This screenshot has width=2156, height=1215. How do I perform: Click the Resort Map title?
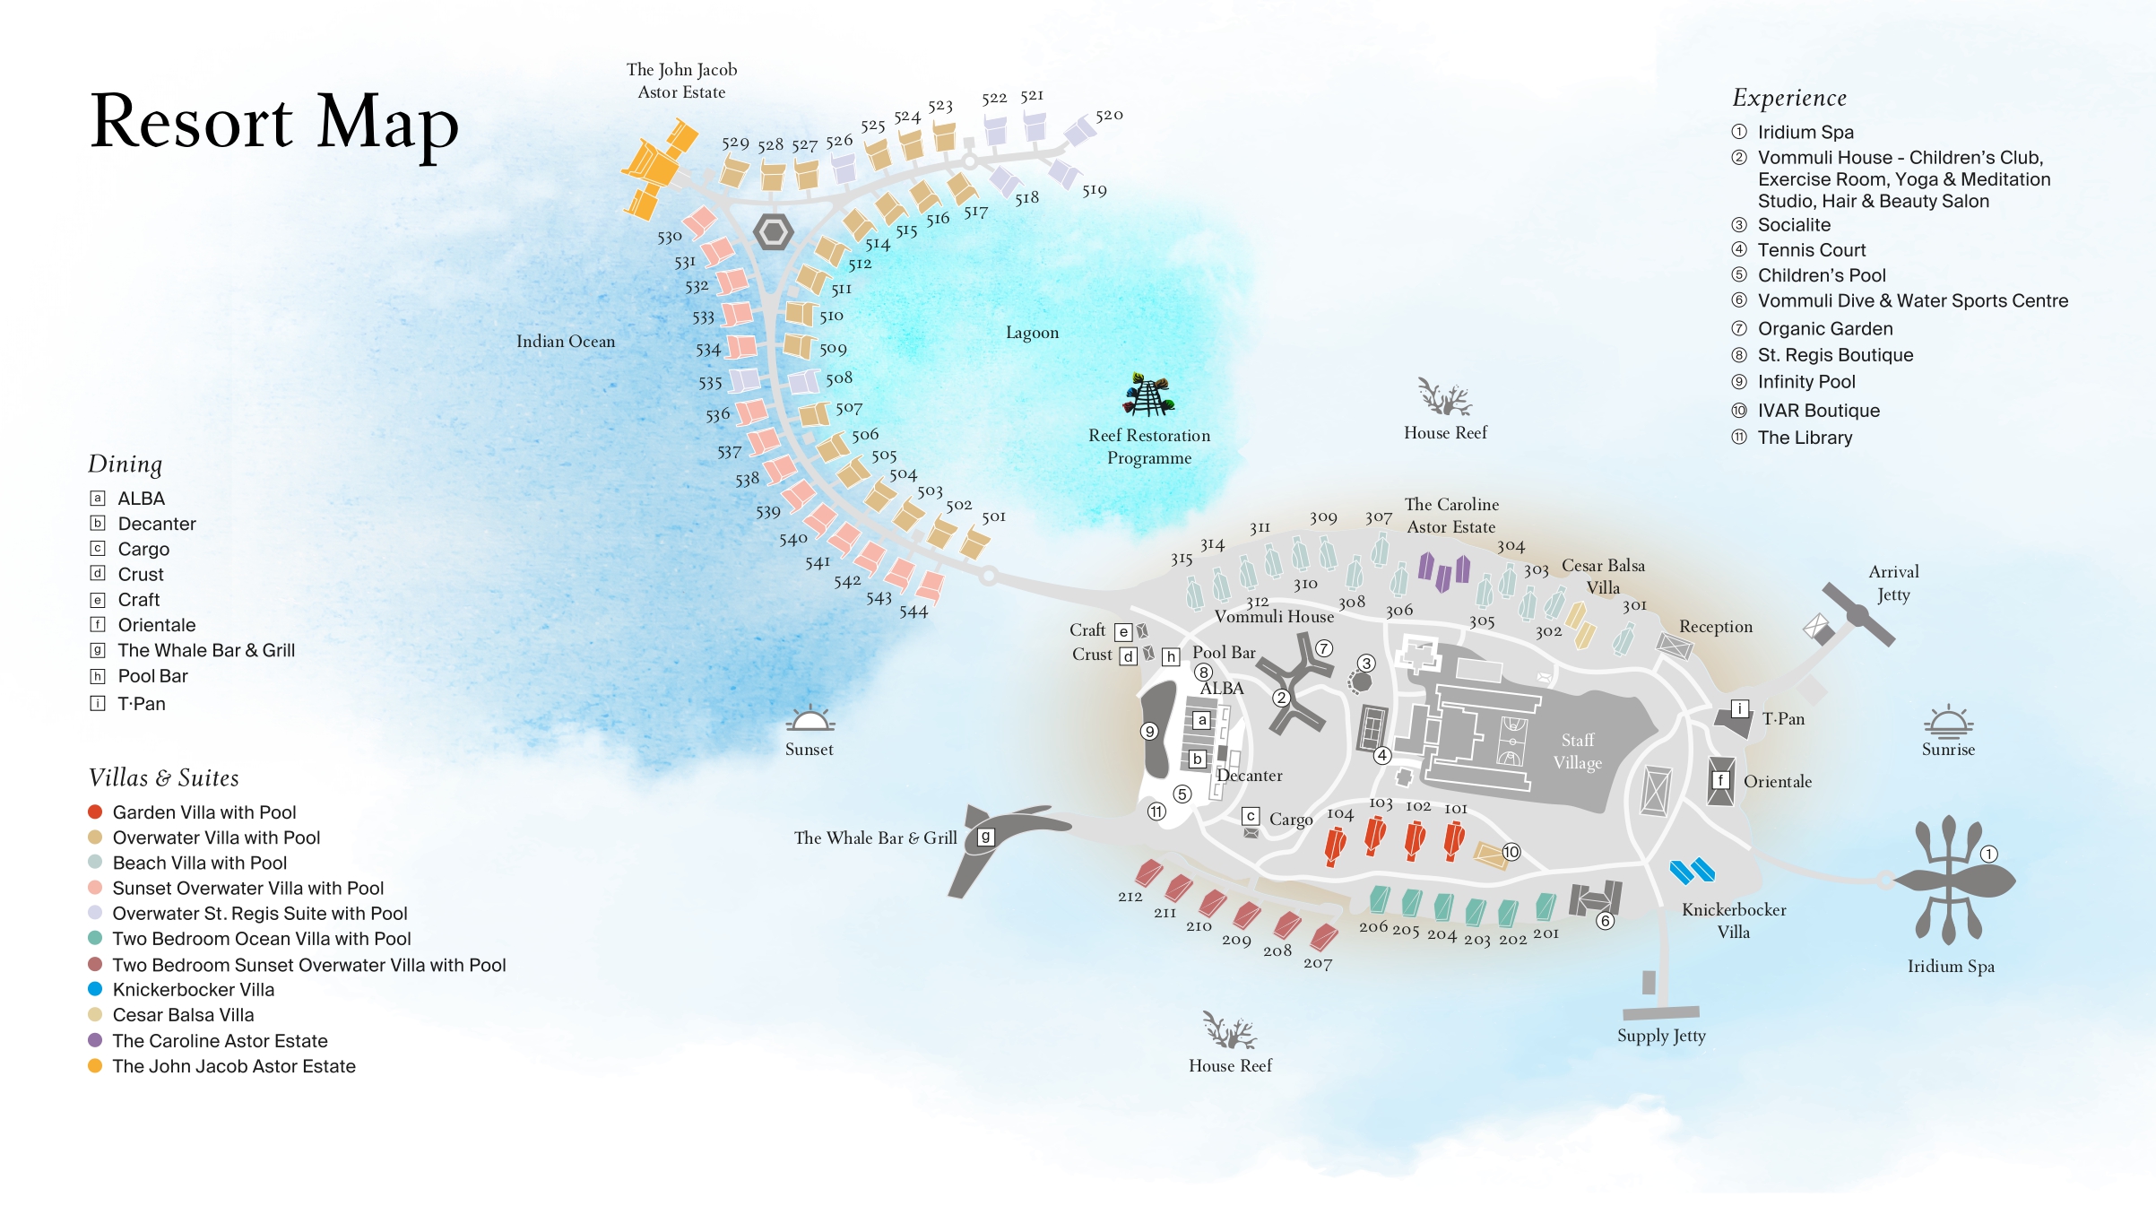point(274,123)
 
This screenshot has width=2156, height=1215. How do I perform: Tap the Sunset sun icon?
point(810,719)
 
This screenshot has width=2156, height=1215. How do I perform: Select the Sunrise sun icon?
point(1948,721)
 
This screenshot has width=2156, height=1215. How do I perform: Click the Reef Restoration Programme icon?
point(1148,395)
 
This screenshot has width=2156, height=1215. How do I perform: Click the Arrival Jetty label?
point(1893,583)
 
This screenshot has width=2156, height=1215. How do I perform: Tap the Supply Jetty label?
point(1661,1036)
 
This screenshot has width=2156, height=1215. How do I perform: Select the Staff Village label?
point(1578,751)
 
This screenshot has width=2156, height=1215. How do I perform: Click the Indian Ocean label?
point(566,342)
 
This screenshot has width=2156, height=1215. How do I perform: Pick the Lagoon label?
point(1032,333)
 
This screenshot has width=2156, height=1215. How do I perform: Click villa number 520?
point(1109,116)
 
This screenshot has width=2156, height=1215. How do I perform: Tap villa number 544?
point(913,612)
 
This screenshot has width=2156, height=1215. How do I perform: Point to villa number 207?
point(1318,964)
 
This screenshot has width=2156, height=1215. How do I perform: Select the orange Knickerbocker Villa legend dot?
point(95,989)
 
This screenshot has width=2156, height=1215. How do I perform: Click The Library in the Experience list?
point(1805,438)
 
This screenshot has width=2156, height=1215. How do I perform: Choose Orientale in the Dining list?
point(157,625)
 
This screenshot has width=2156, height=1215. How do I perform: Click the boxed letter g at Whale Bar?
point(985,837)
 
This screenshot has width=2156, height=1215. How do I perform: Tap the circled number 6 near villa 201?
point(1605,921)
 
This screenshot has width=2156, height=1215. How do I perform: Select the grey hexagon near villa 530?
point(773,232)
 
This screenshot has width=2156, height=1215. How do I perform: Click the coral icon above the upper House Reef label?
point(1444,397)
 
